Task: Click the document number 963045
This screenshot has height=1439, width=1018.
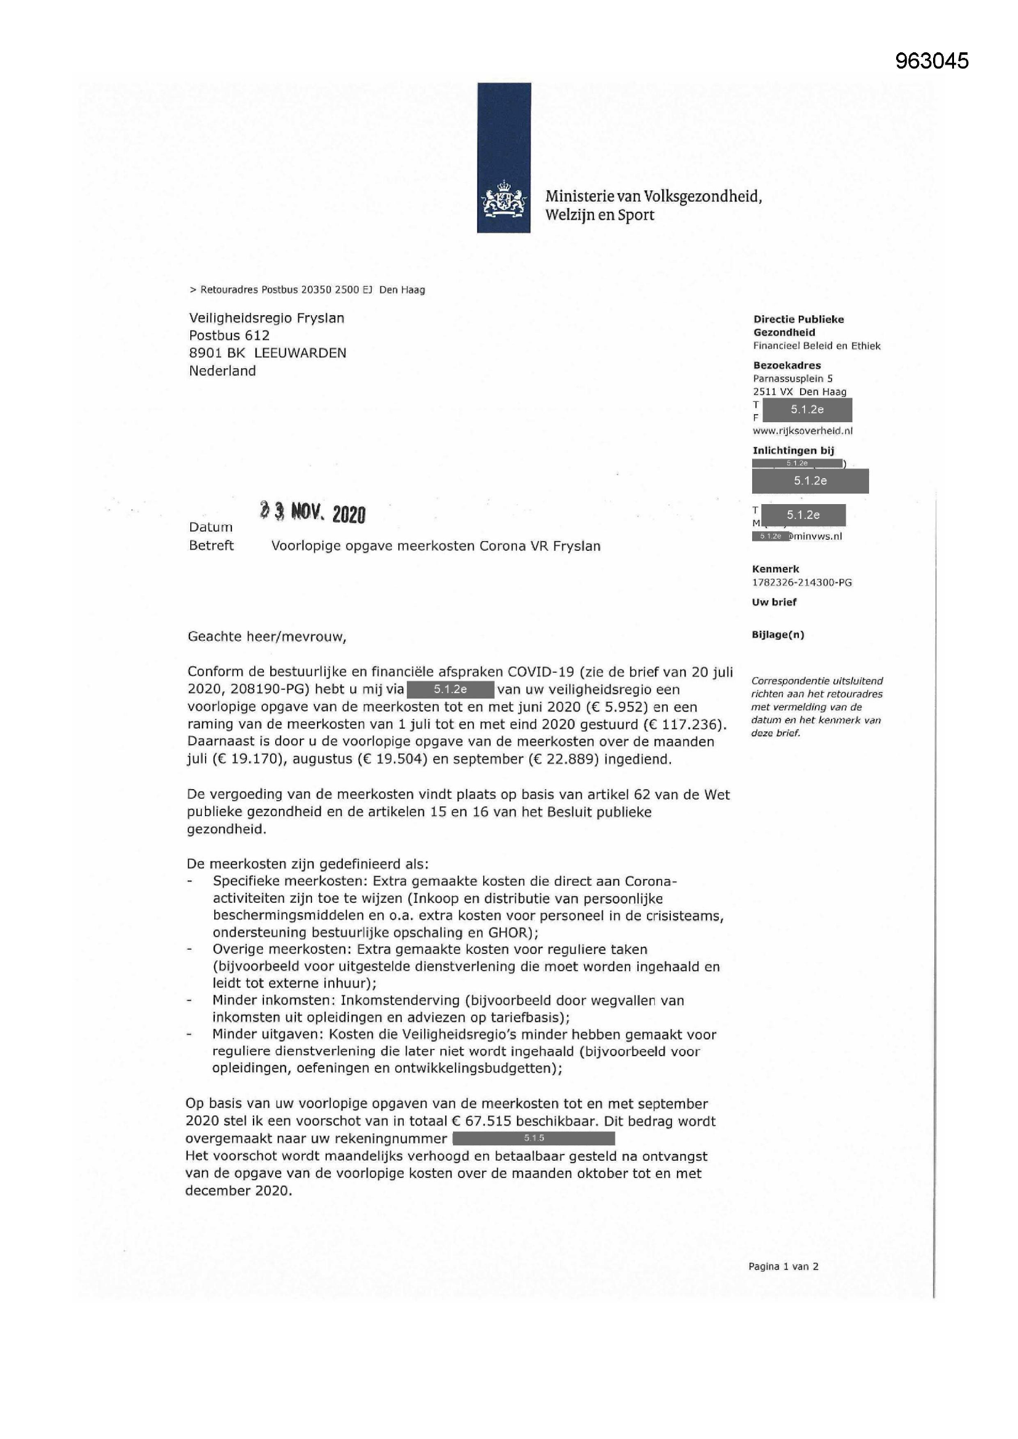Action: point(931,61)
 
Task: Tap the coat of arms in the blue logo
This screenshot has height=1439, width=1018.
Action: point(503,199)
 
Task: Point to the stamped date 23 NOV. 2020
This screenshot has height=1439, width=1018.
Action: point(312,513)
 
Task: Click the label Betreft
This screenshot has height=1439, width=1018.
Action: point(211,546)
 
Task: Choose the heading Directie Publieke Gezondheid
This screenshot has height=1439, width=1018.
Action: point(798,326)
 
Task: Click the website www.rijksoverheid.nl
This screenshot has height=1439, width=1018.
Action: point(803,431)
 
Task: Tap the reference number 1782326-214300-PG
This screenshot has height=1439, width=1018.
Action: point(802,582)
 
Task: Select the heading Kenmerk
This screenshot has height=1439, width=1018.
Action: point(776,569)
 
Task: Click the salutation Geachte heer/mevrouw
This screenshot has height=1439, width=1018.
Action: point(267,637)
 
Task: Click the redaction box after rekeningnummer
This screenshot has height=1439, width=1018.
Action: point(534,1138)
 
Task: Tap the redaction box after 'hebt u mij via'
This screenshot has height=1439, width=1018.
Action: point(451,689)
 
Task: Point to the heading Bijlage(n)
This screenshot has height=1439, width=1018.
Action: point(777,635)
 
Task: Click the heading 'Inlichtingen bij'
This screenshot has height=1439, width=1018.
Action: point(793,450)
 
